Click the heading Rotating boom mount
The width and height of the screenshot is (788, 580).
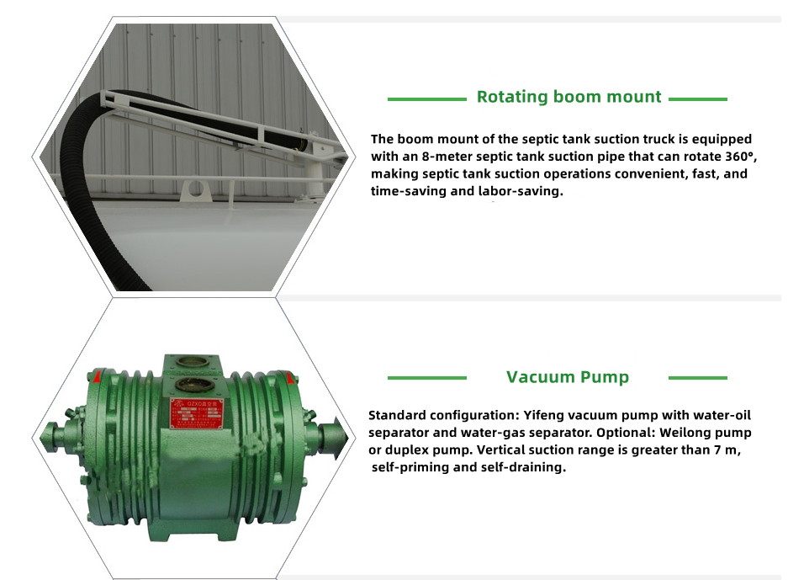[x=569, y=97]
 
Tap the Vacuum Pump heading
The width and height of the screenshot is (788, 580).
[x=568, y=377]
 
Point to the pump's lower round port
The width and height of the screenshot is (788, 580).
[x=188, y=386]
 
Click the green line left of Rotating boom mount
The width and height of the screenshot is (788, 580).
[x=427, y=99]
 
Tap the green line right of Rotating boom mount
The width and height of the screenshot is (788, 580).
[x=698, y=99]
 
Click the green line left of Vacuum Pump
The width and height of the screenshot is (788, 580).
[x=427, y=378]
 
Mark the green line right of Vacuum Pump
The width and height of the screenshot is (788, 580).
[x=698, y=378]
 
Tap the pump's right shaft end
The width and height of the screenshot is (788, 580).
[x=333, y=438]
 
